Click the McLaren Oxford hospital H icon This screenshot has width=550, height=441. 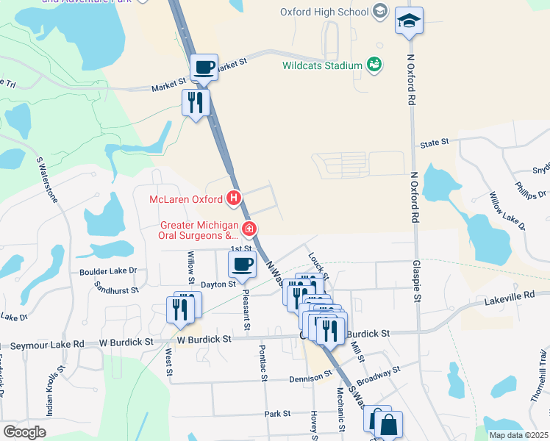(x=234, y=198)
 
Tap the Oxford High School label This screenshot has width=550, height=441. (x=324, y=12)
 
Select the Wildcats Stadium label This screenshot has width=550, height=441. (x=322, y=65)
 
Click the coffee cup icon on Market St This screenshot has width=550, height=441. (x=204, y=67)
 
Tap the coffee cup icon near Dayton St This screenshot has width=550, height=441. (x=241, y=264)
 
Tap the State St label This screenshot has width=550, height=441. (x=434, y=143)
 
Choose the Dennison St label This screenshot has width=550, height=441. (x=308, y=378)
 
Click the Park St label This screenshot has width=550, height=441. (x=278, y=414)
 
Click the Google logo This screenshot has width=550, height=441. (x=24, y=432)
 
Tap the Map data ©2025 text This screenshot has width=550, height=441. (x=518, y=435)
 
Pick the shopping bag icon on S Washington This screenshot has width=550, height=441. (x=387, y=424)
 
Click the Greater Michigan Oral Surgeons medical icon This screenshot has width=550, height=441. (x=249, y=229)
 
